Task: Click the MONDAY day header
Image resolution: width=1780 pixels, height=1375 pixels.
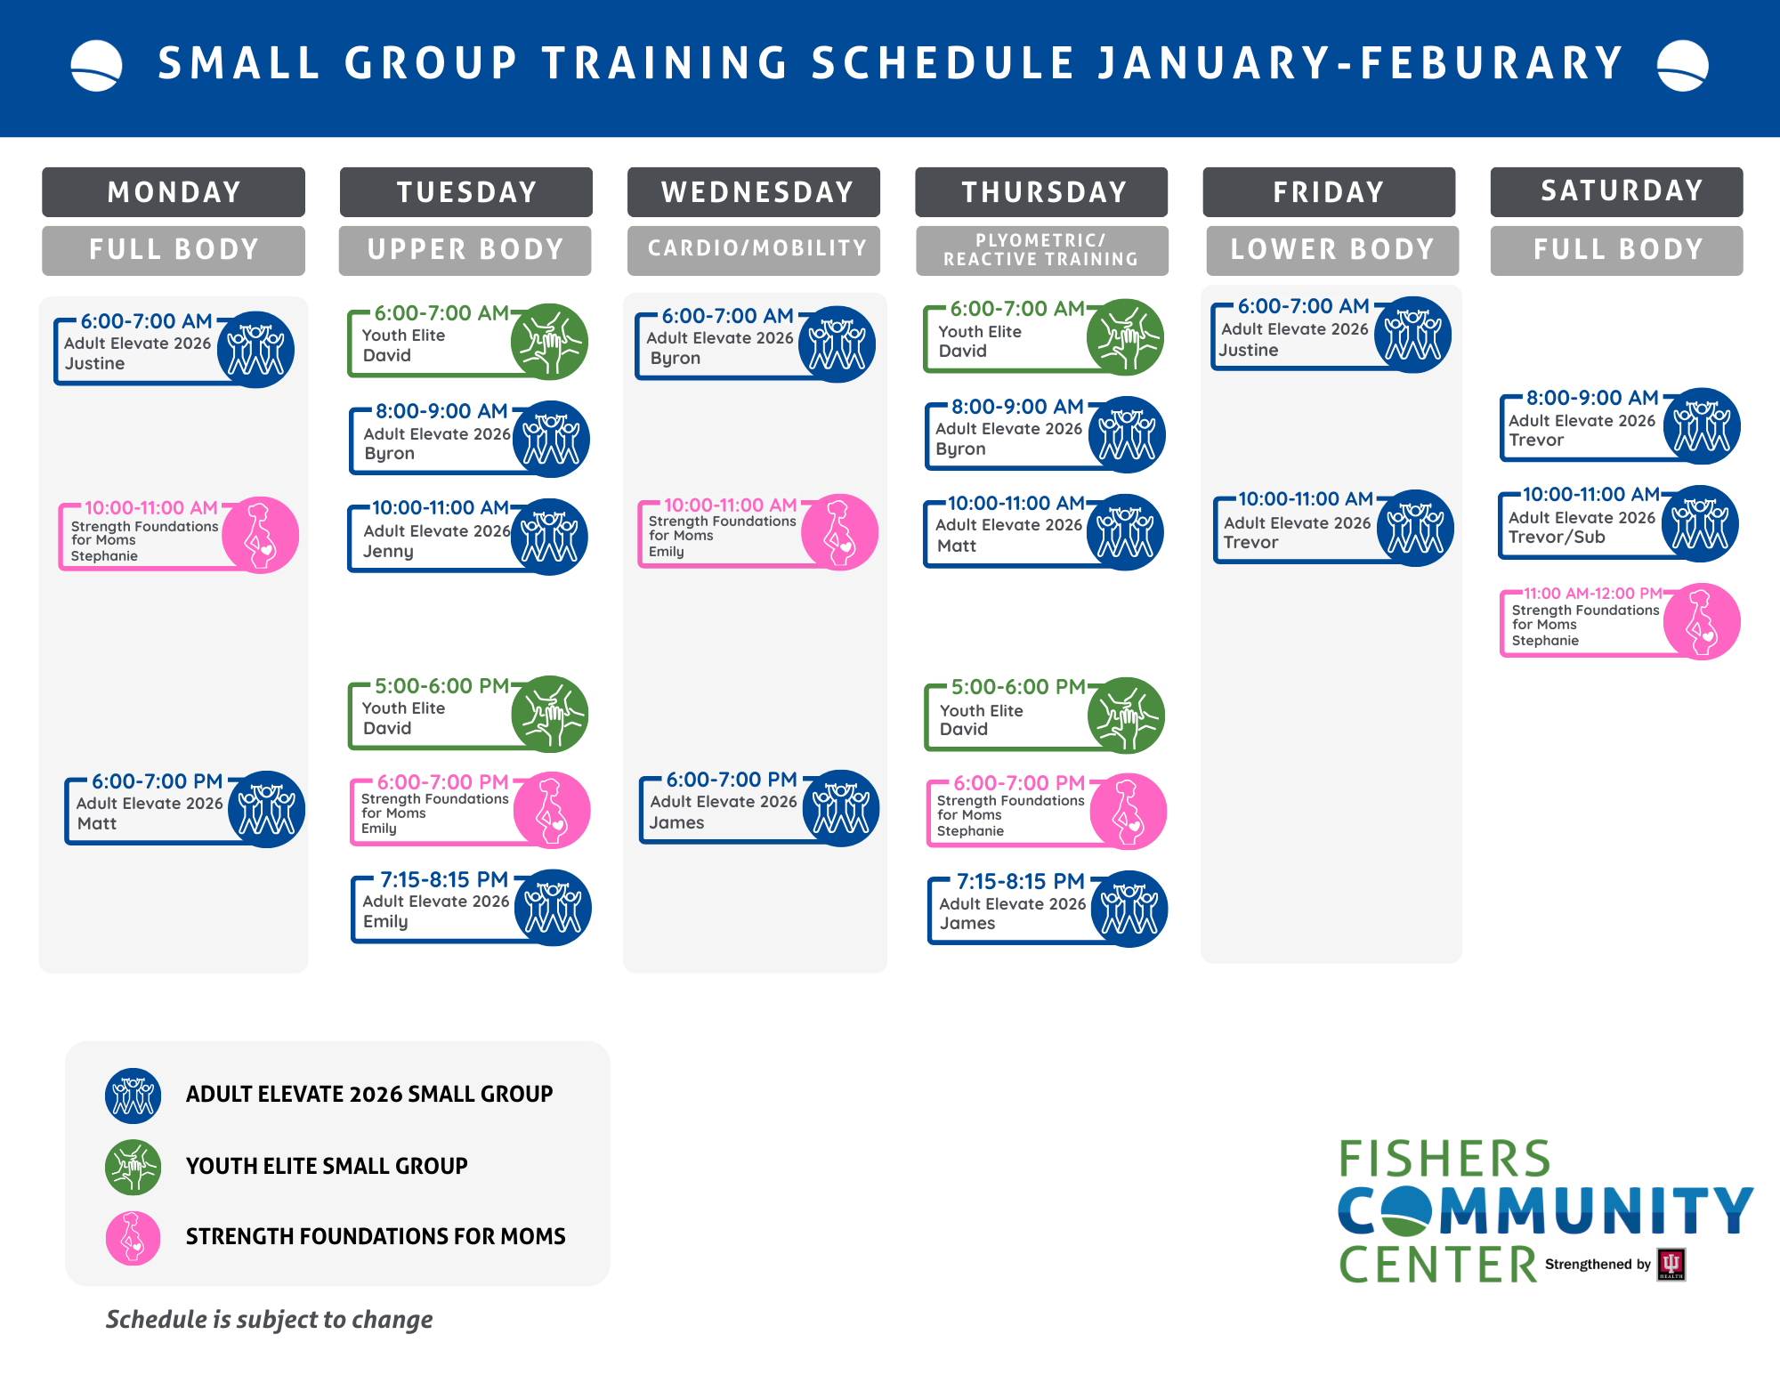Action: (174, 192)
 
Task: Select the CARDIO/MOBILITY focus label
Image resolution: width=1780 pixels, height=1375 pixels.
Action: (756, 248)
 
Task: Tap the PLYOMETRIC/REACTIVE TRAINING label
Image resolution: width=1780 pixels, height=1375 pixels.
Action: (1041, 250)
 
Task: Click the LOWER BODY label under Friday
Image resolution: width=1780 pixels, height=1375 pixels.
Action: (1332, 249)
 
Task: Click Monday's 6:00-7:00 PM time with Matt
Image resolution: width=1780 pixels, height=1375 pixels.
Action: (158, 781)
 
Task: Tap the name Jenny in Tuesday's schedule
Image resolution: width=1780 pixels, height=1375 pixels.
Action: (388, 552)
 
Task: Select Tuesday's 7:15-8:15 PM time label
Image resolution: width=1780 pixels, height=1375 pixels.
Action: (444, 879)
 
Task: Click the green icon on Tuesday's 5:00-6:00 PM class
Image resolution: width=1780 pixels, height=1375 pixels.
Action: (550, 714)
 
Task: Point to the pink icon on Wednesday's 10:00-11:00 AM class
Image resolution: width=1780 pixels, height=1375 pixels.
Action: (840, 532)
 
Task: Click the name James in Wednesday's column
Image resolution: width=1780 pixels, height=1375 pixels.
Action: (676, 823)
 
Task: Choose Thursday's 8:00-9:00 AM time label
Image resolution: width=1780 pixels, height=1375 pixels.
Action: (1017, 407)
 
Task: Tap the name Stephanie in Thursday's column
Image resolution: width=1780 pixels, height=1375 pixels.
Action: (970, 831)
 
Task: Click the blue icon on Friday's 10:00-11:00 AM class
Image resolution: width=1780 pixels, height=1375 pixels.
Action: (1415, 528)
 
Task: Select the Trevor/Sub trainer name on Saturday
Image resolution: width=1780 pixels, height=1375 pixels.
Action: (1557, 538)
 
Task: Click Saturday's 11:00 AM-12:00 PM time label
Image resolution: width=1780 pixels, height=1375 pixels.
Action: (1592, 594)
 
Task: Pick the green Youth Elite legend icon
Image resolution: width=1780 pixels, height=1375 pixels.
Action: (133, 1167)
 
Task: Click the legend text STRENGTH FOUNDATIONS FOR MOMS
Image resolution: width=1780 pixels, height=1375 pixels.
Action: (376, 1236)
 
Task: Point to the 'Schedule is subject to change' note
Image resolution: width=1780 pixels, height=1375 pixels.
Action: (269, 1319)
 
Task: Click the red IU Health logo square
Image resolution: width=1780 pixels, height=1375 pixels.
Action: (1671, 1265)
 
